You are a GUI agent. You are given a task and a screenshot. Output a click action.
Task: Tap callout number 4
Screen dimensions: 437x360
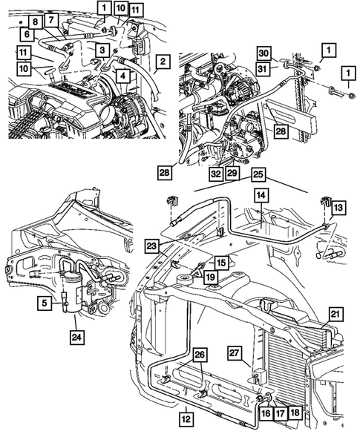point(122,74)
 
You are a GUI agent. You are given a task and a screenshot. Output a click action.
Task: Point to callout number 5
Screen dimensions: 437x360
point(46,302)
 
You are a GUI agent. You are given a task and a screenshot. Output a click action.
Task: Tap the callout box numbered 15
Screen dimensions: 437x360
point(221,263)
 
